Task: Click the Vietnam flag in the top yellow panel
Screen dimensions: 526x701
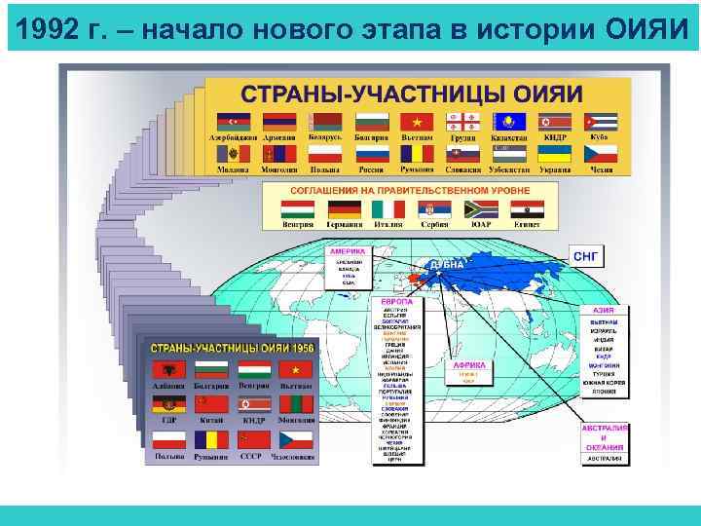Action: point(417,122)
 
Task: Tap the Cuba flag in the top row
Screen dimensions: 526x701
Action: point(601,122)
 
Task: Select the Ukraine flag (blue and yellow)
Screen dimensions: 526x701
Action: point(555,154)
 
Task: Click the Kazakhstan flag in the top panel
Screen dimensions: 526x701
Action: point(509,122)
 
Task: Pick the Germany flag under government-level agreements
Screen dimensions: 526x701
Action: point(344,209)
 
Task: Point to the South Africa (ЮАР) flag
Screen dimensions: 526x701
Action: point(480,209)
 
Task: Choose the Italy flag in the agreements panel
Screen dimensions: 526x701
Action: point(389,209)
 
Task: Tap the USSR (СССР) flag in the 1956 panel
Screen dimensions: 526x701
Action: point(250,439)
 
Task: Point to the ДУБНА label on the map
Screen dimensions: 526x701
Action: point(448,265)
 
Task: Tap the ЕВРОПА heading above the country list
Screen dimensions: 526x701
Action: point(395,303)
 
